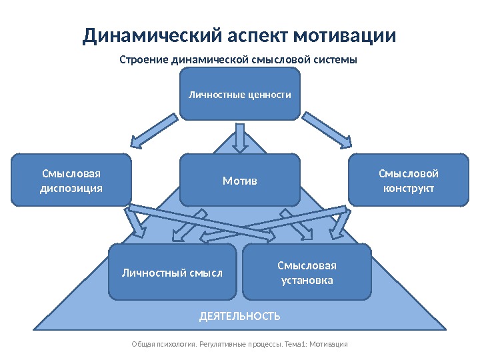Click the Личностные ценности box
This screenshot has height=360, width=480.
pos(241,95)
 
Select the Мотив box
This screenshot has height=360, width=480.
pos(240,180)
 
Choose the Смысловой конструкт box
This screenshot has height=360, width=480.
pos(408,180)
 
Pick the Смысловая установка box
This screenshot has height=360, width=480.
pos(307,272)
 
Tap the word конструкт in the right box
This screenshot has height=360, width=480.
pos(408,188)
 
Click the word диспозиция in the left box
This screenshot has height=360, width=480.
pos(71,188)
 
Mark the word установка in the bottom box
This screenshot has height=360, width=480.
pos(307,280)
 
